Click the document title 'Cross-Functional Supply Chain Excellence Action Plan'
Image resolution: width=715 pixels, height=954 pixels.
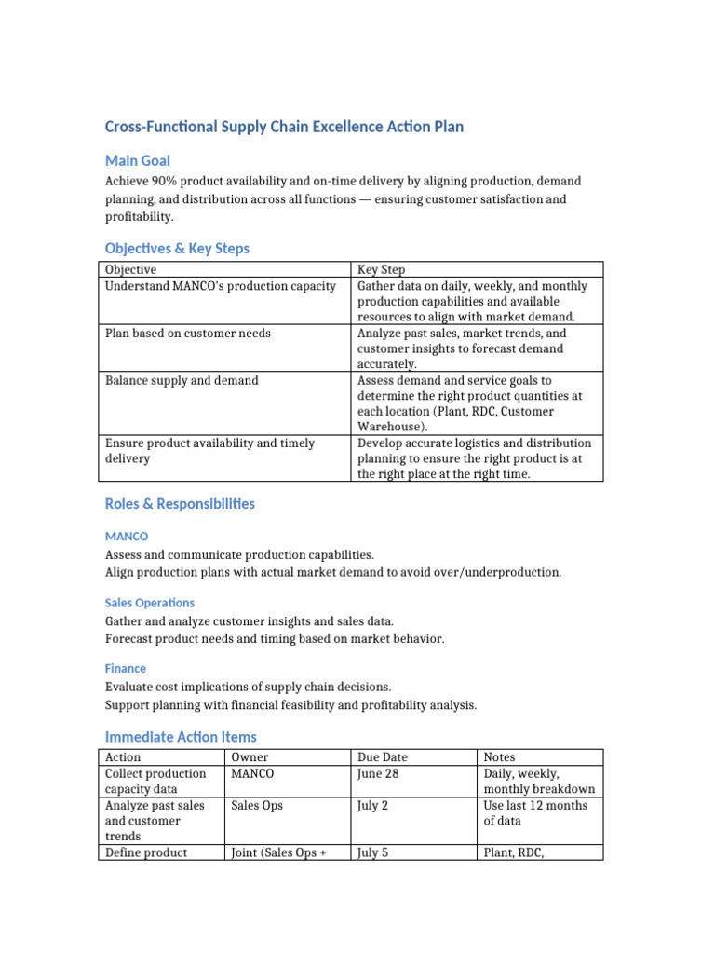(x=284, y=127)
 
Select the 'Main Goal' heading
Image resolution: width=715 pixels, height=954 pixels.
(x=137, y=160)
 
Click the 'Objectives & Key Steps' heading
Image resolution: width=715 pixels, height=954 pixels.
(x=177, y=249)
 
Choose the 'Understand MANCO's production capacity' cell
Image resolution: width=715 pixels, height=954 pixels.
(x=220, y=285)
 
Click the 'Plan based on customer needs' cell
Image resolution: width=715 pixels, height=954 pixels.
(x=188, y=333)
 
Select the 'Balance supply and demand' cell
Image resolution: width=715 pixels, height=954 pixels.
(x=182, y=380)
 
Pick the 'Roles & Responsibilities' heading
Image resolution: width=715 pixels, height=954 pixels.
(x=180, y=504)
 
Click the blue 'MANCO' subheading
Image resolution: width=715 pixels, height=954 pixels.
(x=126, y=537)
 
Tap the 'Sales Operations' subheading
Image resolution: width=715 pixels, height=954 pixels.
(x=150, y=603)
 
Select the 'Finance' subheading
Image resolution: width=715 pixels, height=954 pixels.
(x=126, y=668)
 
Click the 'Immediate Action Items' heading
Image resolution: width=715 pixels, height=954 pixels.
(x=181, y=737)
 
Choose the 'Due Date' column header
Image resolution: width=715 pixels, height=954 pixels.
(x=382, y=757)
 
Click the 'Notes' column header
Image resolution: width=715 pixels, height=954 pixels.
(x=499, y=757)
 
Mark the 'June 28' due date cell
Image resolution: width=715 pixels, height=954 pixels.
(x=378, y=773)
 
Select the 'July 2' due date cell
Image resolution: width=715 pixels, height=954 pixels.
(x=372, y=805)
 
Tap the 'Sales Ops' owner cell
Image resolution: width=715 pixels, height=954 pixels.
(x=257, y=805)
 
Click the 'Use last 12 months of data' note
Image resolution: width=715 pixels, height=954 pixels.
(x=535, y=812)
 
